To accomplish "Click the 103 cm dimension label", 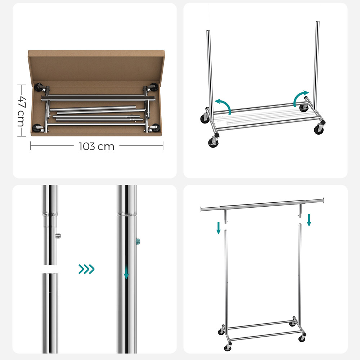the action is coord(96,146).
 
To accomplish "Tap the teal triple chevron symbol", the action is coord(86,269).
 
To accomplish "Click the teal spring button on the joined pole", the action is coord(138,241).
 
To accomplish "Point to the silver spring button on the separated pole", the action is coord(58,236).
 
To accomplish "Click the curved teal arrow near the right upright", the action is coord(301,98).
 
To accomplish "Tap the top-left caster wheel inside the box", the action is coord(39,87).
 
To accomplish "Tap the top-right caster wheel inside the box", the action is coord(154,87).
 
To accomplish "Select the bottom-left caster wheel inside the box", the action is coord(37,128).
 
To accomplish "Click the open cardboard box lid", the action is coord(96,66).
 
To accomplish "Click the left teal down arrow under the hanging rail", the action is coord(219,228).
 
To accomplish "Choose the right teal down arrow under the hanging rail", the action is coord(309,220).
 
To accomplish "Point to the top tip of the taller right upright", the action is coord(318,22).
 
